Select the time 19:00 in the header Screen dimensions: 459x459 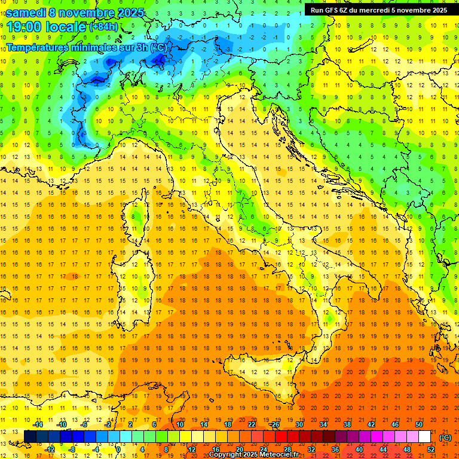pos(23,27)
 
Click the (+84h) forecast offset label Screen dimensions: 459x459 pos(103,27)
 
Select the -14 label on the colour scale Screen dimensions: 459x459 pos(38,424)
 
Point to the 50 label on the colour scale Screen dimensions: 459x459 pos(419,424)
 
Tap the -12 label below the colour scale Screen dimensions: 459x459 pos(50,449)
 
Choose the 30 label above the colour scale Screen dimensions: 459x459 pos(299,424)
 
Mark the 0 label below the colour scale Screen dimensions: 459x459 pos(118,449)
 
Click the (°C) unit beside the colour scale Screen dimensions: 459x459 pos(445,437)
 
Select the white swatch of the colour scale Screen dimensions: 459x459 pos(425,437)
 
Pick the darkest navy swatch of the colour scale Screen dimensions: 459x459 pos(30,437)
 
